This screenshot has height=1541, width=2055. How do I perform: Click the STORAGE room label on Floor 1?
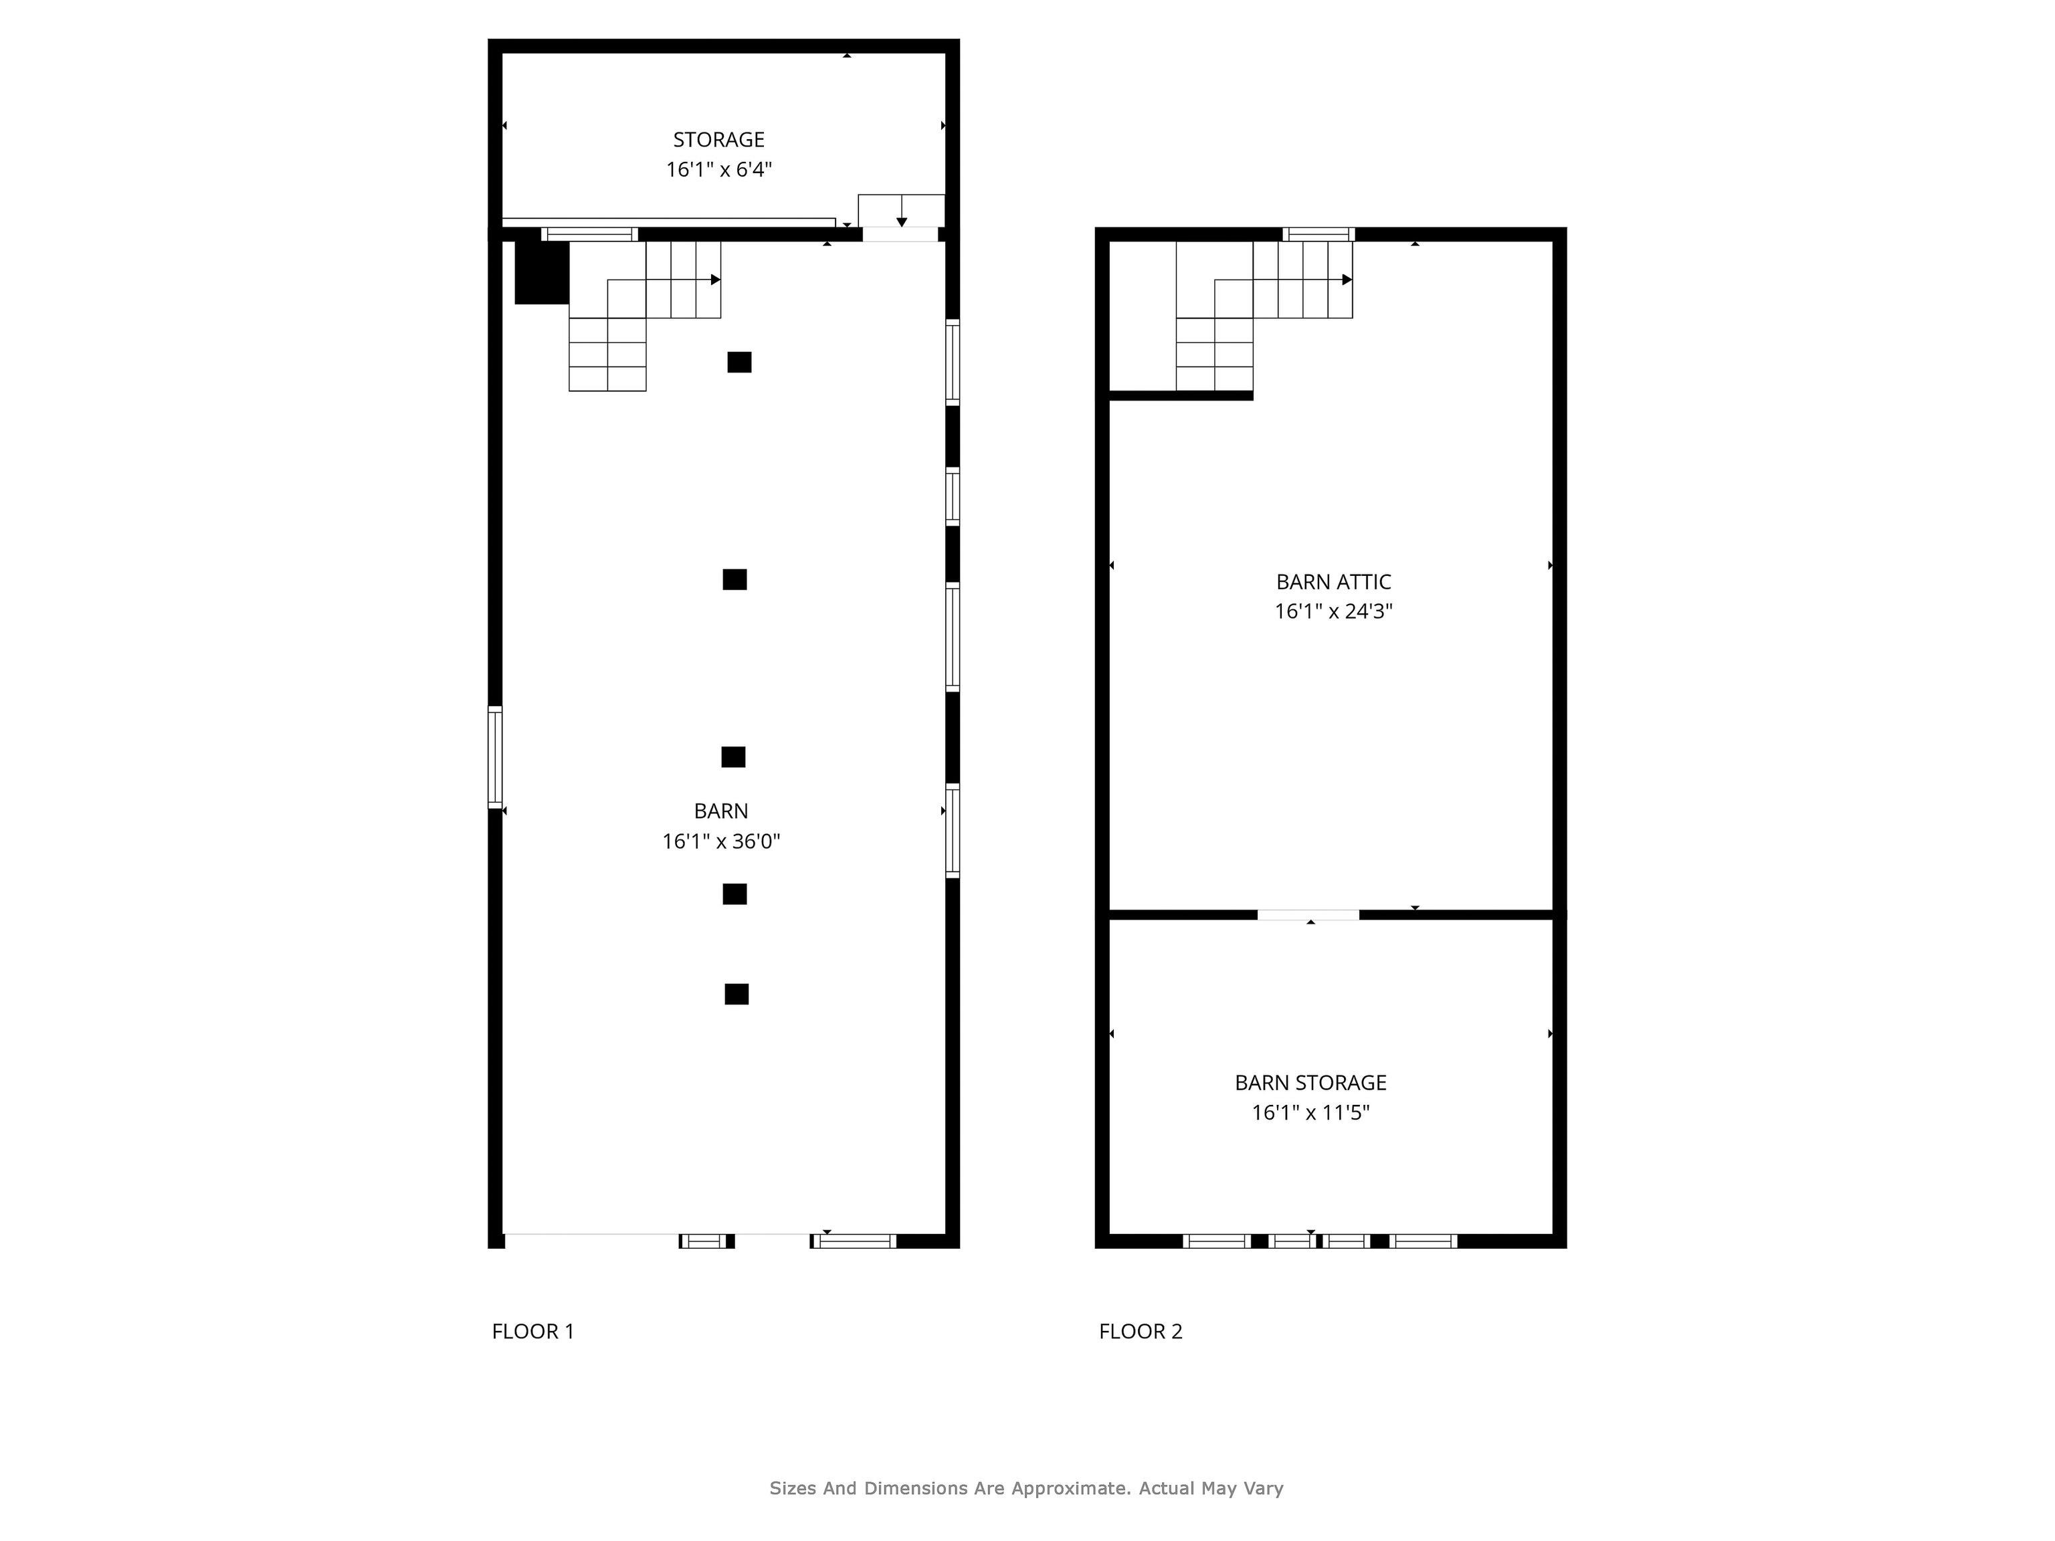pyautogui.click(x=718, y=139)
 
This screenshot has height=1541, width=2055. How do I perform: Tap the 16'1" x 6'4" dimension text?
pyautogui.click(x=719, y=169)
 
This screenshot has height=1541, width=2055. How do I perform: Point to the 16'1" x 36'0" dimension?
pyautogui.click(x=721, y=841)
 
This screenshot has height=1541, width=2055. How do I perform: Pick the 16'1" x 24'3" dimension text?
pyautogui.click(x=1333, y=611)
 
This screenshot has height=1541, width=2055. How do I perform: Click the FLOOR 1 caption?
pyautogui.click(x=532, y=1331)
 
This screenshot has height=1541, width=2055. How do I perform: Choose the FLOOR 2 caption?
pyautogui.click(x=1140, y=1331)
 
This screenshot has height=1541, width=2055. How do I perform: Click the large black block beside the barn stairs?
pyautogui.click(x=542, y=272)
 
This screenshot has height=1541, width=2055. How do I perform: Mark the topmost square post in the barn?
pyautogui.click(x=739, y=363)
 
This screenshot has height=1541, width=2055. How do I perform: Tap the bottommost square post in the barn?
pyautogui.click(x=737, y=994)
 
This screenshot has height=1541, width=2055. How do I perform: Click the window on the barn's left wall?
pyautogui.click(x=495, y=757)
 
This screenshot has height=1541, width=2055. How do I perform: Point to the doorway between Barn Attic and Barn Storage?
pyautogui.click(x=1308, y=915)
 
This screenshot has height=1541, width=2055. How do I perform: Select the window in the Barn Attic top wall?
pyautogui.click(x=1318, y=234)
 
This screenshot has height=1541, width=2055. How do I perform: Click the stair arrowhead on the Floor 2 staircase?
pyautogui.click(x=1347, y=280)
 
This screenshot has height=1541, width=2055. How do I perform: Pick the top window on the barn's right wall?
pyautogui.click(x=953, y=363)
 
